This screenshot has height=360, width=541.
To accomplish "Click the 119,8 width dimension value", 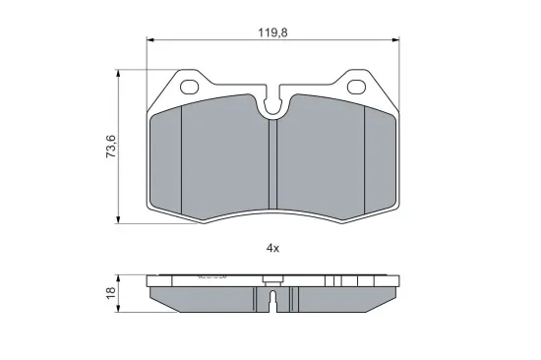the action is coord(272,32).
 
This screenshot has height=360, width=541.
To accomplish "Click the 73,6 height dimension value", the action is coord(111,147).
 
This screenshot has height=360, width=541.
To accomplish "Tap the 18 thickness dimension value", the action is coord(111,293).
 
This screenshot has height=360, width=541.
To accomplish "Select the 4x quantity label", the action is coord(272,248).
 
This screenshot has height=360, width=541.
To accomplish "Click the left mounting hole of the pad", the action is coord(190,87).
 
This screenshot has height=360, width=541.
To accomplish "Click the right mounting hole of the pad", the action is coord(356,87).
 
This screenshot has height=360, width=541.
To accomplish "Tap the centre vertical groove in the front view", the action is coord(272,164).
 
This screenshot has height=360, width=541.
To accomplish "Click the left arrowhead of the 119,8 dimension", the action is coord(150,40).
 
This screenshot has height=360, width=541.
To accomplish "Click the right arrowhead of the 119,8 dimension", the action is coord(396,40).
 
